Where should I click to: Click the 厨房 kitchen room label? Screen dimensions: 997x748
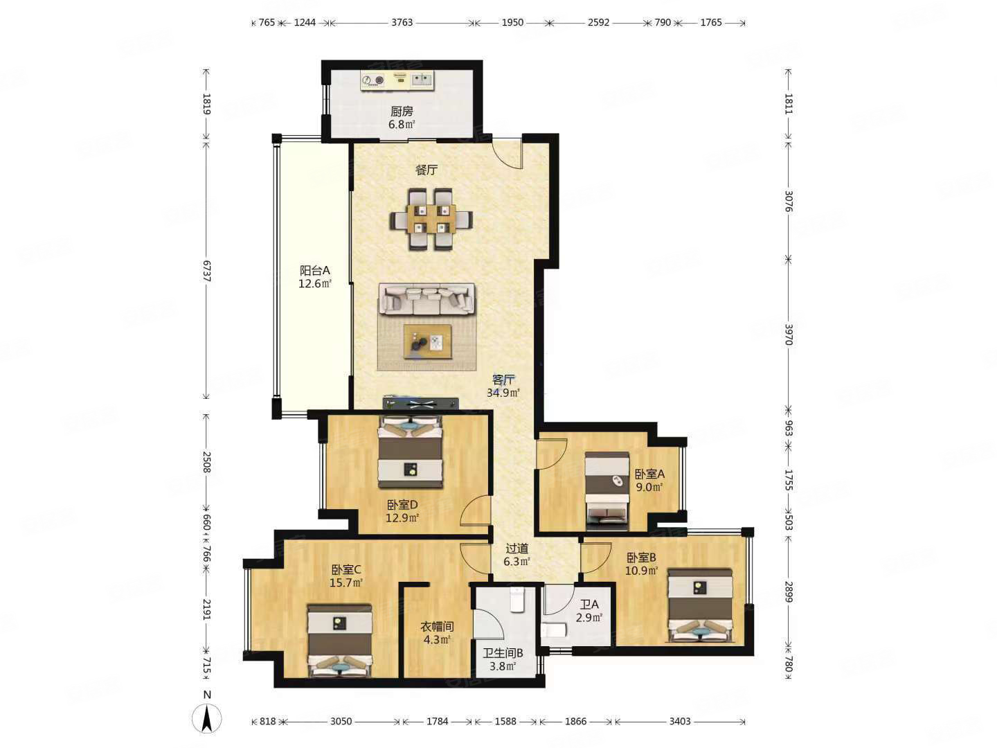402,112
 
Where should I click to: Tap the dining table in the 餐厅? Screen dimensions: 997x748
431,219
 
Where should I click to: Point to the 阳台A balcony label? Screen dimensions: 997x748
315,271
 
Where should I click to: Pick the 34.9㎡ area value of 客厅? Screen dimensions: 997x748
503,393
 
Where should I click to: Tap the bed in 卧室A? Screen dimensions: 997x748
607,490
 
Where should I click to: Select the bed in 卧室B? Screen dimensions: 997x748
699,605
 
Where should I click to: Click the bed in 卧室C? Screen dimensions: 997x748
339,641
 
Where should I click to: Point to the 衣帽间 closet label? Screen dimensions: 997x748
437,627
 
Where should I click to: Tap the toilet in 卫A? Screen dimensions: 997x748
553,630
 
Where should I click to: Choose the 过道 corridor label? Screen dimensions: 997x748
517,549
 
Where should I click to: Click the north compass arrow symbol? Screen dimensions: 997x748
206,720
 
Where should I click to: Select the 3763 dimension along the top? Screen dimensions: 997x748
402,23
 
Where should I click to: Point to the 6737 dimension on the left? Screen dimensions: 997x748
206,271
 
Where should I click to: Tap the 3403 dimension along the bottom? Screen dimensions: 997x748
679,721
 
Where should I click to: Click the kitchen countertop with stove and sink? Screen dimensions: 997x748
398,80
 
